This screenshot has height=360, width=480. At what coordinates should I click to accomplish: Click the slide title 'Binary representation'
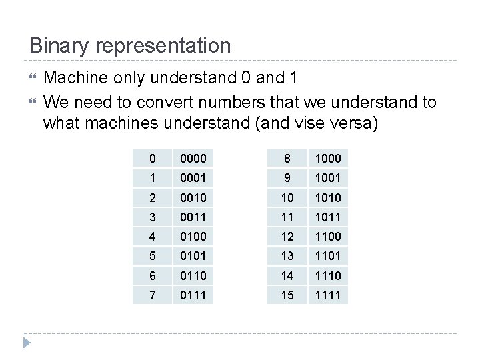click(130, 46)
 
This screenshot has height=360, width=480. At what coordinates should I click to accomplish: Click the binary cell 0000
click(193, 159)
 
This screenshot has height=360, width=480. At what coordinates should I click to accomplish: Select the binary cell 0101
click(193, 256)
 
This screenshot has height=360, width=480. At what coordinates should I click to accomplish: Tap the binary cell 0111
click(193, 295)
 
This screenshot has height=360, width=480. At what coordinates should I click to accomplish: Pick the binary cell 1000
click(328, 159)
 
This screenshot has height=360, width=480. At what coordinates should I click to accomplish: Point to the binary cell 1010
click(328, 197)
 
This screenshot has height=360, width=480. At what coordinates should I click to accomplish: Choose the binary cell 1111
click(328, 295)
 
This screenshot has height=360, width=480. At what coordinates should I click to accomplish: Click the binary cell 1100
click(328, 237)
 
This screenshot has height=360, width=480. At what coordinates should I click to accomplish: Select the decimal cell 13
click(287, 256)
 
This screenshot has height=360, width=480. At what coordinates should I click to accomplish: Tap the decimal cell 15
click(287, 295)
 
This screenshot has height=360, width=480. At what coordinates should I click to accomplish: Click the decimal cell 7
click(152, 295)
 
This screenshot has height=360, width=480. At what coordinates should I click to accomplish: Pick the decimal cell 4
click(152, 237)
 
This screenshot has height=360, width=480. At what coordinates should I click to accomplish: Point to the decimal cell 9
click(287, 178)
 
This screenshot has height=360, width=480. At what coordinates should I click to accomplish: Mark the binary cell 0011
click(193, 217)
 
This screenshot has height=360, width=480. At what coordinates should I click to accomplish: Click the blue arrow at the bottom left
click(27, 344)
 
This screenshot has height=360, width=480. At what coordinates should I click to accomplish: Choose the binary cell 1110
click(328, 275)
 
